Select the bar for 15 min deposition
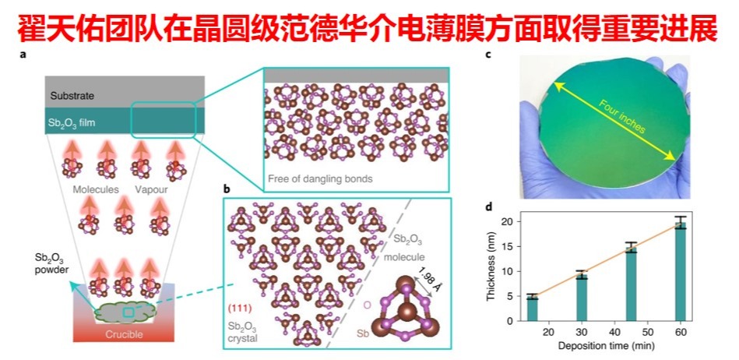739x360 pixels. tap(533, 309)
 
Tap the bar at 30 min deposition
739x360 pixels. tap(582, 298)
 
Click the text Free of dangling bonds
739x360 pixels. tap(319, 178)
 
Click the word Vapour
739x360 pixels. tap(150, 189)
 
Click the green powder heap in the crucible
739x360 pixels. tap(128, 312)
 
